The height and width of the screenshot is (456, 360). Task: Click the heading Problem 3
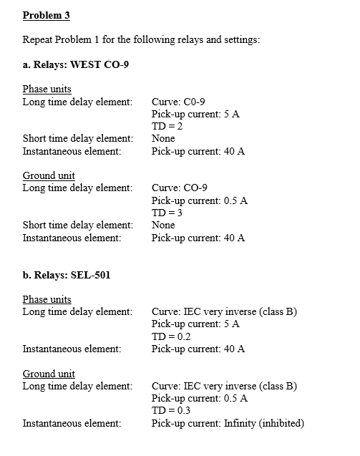pos(46,15)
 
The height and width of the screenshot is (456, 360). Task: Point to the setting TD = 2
pos(168,125)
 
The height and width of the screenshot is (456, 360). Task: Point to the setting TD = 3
pos(168,213)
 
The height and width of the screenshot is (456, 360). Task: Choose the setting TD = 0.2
pos(172,336)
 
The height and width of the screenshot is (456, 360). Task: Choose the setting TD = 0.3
pos(172,410)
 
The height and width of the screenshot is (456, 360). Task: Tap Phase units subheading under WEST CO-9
pos(47,89)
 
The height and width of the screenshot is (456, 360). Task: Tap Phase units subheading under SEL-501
pos(47,299)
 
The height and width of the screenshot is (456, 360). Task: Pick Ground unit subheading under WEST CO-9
pos(49,175)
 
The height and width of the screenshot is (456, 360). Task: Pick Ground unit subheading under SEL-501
pos(49,373)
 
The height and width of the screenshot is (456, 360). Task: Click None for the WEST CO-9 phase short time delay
pos(163,138)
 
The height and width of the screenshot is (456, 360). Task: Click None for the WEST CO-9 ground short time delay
pos(163,225)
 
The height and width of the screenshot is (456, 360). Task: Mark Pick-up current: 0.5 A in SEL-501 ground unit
pos(200,398)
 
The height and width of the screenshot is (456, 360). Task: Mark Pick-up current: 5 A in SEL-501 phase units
pos(195,324)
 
